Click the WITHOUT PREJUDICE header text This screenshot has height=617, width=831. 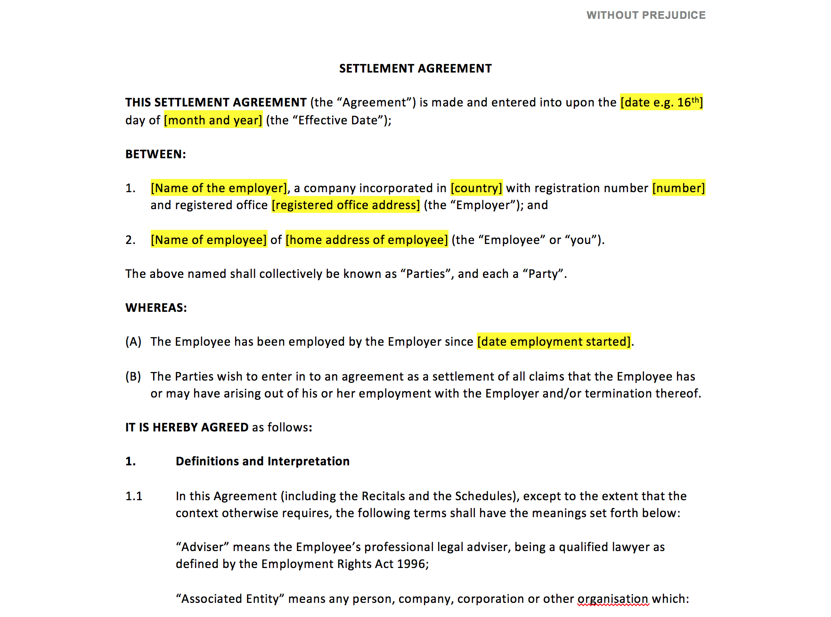646,15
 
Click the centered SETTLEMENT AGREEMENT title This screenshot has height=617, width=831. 415,69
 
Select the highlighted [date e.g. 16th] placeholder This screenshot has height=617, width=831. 661,102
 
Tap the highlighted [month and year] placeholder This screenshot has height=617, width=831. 213,120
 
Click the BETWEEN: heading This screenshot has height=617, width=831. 155,154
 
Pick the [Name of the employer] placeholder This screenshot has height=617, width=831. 219,188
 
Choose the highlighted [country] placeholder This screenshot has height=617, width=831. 476,188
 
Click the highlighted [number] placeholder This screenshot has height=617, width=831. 678,188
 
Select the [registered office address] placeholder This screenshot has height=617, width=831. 346,205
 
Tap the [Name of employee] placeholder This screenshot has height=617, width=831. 209,240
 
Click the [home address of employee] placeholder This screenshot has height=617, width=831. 367,240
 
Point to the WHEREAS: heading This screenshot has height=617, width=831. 156,308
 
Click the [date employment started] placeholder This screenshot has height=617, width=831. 554,341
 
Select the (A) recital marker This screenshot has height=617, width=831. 133,341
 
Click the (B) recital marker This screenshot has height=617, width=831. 133,376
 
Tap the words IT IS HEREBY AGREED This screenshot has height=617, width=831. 187,427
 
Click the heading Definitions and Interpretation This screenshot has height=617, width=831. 262,461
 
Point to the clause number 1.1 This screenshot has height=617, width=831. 134,496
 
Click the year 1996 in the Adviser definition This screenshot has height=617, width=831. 411,564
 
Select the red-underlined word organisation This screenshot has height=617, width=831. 613,599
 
